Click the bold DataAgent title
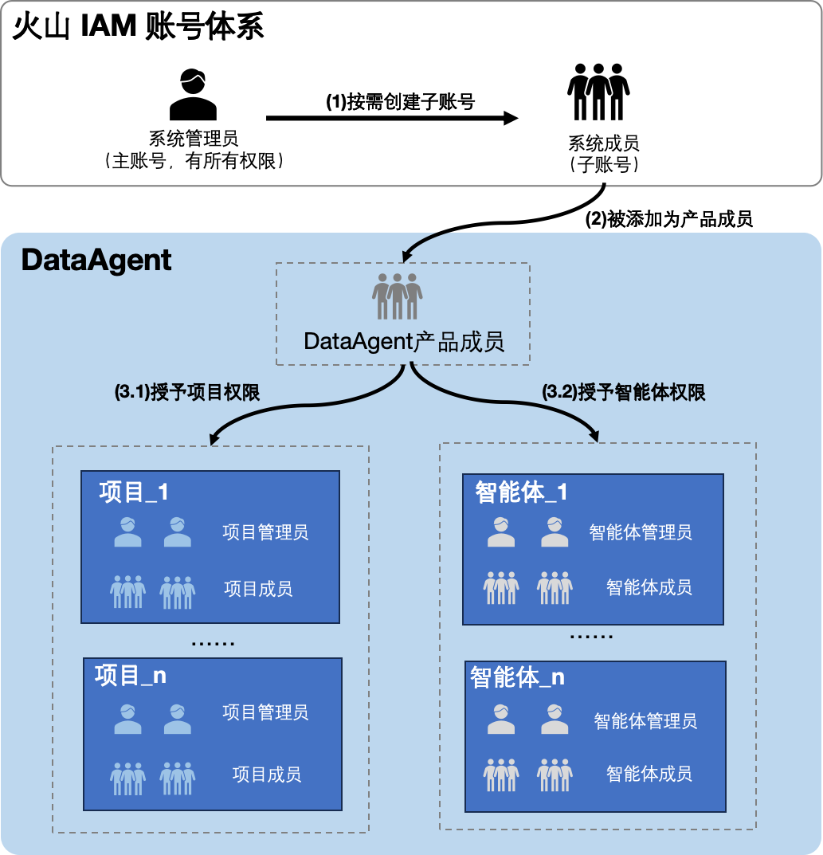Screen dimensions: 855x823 coord(96,260)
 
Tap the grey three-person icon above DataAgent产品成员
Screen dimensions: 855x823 coord(397,296)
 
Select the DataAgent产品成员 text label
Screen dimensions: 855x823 coord(404,342)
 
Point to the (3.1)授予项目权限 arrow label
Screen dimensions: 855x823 coord(188,393)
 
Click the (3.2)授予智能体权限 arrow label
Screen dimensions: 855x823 coord(624,393)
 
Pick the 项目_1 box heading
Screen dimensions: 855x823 coord(134,492)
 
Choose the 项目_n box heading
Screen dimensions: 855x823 coord(131,676)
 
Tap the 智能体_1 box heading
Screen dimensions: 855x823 coord(522,492)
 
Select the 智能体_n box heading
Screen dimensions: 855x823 coord(518,677)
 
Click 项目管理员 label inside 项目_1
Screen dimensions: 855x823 coord(265,531)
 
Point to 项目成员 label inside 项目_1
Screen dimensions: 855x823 coord(258,589)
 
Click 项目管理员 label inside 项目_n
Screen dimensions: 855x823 coord(265,712)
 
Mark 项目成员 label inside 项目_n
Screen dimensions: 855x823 coord(267,774)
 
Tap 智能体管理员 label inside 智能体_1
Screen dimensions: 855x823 coord(641,531)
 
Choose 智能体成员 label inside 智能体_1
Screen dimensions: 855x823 coord(649,588)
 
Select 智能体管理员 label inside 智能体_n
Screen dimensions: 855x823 coord(645,721)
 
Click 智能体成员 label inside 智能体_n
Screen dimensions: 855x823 coord(649,773)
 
